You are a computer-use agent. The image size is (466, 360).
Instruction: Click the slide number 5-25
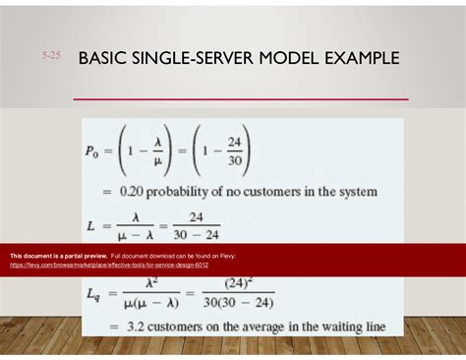pyautogui.click(x=51, y=58)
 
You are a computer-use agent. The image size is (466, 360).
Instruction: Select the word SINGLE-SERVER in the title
pyautogui.click(x=204, y=59)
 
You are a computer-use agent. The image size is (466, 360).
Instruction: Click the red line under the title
pyautogui.click(x=241, y=99)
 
